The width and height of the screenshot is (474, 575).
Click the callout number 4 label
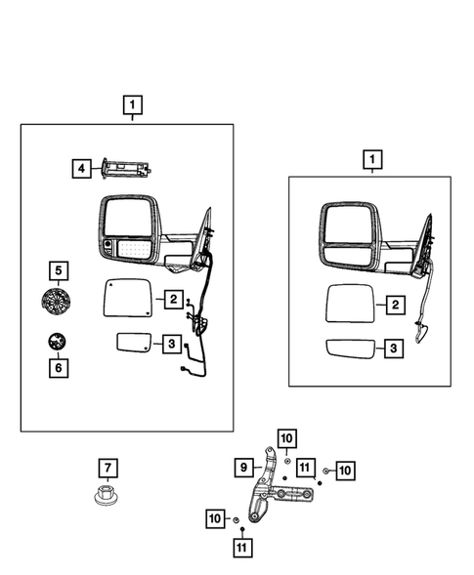coord(83,169)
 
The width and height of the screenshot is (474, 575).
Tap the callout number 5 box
coord(58,268)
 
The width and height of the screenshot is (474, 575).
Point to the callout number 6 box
coord(58,368)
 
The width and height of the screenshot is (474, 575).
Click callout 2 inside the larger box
coord(171,300)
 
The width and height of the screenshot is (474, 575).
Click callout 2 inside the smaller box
coord(394,306)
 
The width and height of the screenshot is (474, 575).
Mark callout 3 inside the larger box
coord(171,344)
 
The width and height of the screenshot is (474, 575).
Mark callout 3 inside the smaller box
coord(394,348)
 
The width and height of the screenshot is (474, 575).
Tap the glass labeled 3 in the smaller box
coord(349,349)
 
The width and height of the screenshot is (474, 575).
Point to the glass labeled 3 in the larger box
coord(133,343)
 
